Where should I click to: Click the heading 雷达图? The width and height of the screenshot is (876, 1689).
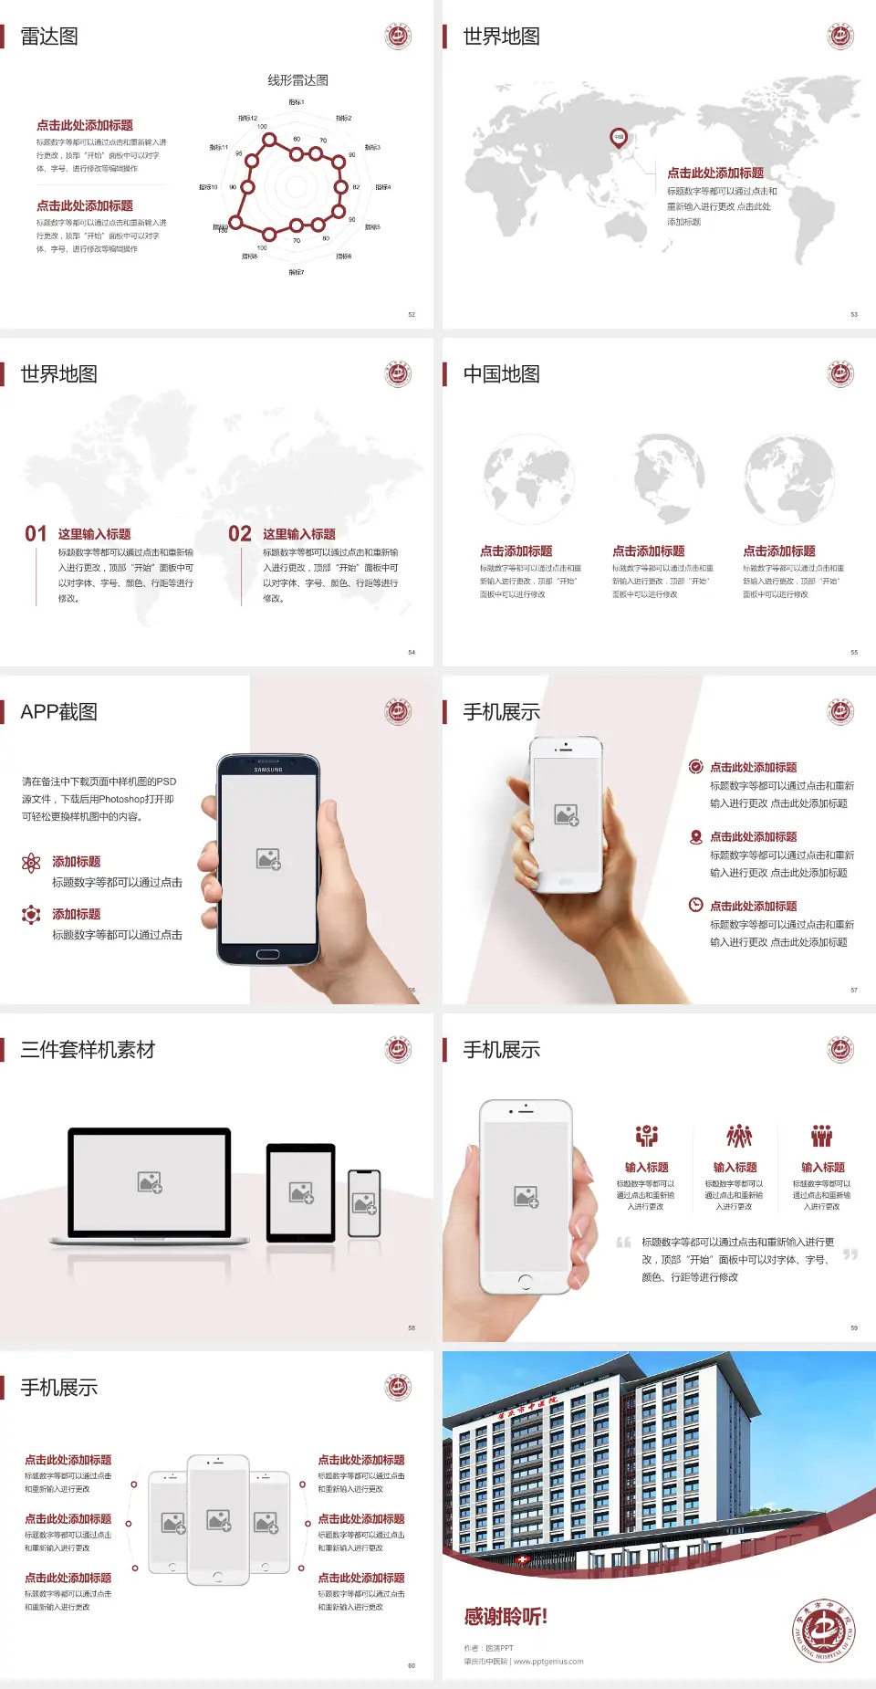[49, 37]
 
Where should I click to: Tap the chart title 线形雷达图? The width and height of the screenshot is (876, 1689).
[297, 80]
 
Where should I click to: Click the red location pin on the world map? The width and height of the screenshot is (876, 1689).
[619, 138]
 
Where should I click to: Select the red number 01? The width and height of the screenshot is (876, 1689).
[36, 534]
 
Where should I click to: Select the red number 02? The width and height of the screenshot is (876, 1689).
[240, 534]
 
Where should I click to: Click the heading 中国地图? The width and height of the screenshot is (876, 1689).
[501, 374]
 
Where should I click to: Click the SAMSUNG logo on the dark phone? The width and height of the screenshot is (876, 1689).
[268, 770]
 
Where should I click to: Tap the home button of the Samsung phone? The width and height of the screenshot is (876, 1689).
[267, 955]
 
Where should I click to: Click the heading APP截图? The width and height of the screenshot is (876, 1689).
[58, 712]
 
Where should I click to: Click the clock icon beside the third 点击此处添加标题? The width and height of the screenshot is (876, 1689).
[695, 905]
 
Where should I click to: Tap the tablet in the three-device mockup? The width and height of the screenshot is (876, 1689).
[301, 1192]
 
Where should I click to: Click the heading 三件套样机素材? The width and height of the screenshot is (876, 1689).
[88, 1050]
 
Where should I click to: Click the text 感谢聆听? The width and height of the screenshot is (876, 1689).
[506, 1617]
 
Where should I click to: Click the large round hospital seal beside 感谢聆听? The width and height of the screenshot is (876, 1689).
[823, 1630]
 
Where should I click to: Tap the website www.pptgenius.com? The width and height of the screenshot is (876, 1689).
[548, 1662]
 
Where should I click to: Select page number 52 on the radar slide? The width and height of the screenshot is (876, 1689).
[412, 315]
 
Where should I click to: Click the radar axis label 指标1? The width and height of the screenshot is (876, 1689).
[297, 102]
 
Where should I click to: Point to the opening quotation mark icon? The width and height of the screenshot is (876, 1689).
[623, 1243]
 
